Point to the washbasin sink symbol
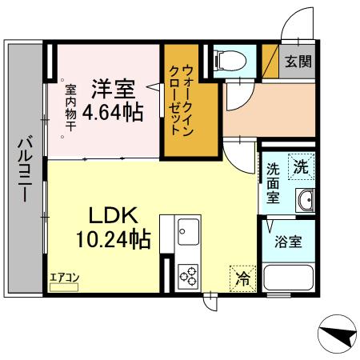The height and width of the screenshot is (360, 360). (x=305, y=201)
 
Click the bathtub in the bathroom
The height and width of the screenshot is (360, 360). (x=289, y=280)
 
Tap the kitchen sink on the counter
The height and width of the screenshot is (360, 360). (x=187, y=233)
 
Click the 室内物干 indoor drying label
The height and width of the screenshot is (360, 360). (x=71, y=108)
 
